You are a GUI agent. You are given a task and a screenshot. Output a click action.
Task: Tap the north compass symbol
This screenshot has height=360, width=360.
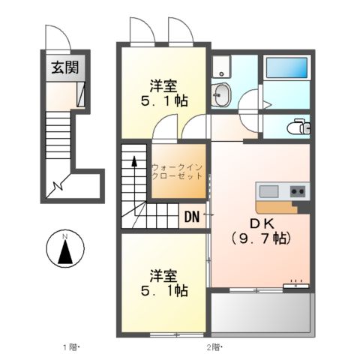64,249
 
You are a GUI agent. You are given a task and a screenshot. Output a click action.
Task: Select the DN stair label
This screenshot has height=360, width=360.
191,218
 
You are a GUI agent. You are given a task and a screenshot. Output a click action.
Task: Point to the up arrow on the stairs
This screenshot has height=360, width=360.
135,162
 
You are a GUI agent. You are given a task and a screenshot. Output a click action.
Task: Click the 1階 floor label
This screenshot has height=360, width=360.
69,346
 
